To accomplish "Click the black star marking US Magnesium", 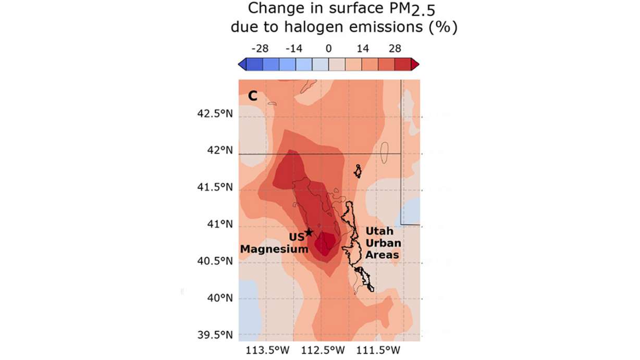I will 309,232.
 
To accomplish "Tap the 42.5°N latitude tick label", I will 214,114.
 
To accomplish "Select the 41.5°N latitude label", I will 214,188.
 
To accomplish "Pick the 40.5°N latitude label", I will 214,262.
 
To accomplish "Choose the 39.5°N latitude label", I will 214,335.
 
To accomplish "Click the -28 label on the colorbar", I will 260,49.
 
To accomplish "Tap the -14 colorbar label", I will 293,49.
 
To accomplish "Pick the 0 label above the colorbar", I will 328,49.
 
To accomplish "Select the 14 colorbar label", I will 363,49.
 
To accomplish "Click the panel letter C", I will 252,95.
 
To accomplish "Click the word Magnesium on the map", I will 274,250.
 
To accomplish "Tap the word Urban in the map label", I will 381,243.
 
